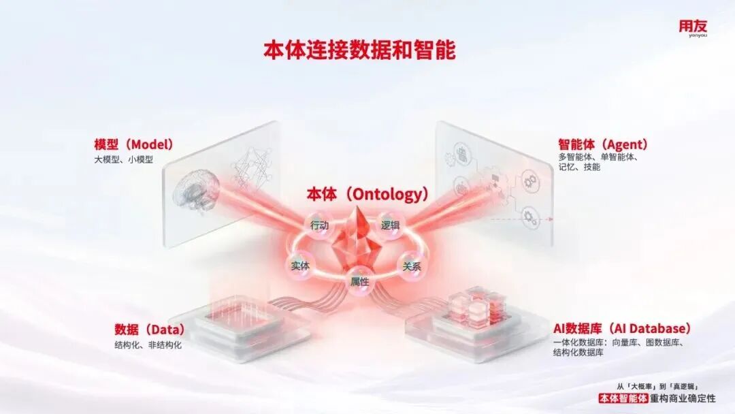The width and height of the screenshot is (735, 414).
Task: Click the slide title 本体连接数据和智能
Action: click(359, 50)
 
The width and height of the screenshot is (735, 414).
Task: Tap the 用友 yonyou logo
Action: click(692, 27)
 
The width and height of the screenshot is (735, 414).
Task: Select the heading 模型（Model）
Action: click(133, 144)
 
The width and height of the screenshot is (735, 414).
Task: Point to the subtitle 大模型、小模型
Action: click(124, 160)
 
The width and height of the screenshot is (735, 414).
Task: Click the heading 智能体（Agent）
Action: click(602, 144)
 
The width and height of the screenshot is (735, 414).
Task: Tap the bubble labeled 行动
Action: click(319, 225)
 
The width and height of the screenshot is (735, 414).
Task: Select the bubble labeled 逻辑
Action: click(391, 225)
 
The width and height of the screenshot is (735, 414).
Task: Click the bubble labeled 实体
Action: click(300, 266)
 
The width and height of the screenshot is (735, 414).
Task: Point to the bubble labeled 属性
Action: click(359, 281)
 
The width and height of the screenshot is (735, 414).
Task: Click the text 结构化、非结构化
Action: click(148, 345)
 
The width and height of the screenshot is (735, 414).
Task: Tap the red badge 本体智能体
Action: click(623, 398)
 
